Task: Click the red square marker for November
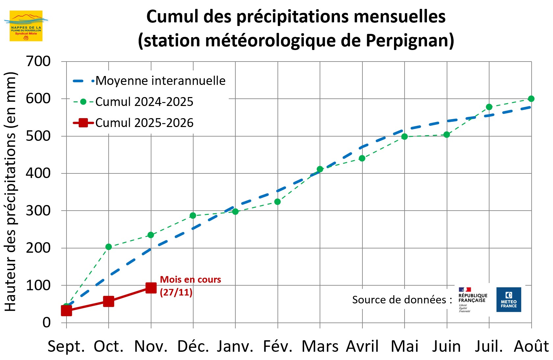[x=151, y=288]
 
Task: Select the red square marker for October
[x=109, y=301]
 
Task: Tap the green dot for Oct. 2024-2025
[x=109, y=247]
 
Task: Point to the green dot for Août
[x=531, y=99]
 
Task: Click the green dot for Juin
[x=447, y=135]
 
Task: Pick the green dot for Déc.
[x=193, y=216]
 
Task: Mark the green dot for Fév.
[x=277, y=202]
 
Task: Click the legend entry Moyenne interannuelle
[x=160, y=81]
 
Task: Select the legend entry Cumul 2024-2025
[x=144, y=102]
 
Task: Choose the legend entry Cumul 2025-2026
[x=144, y=123]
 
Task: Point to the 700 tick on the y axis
[x=38, y=62]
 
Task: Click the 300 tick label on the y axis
[x=38, y=211]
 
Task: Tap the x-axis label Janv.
[x=235, y=347]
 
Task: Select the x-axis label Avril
[x=362, y=347]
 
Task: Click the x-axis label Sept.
[x=66, y=347]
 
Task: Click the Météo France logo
[x=509, y=299]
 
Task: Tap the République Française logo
[x=472, y=299]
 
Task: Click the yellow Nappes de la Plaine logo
[x=26, y=26]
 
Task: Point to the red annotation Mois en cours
[x=190, y=280]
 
